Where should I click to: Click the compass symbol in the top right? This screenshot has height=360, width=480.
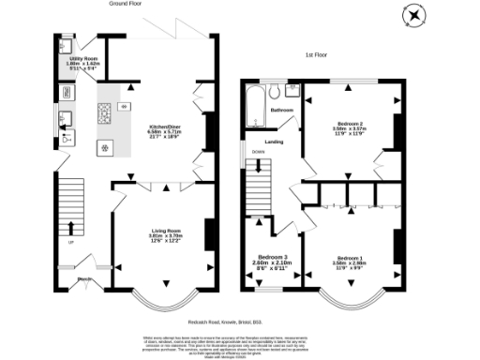pos(415,16)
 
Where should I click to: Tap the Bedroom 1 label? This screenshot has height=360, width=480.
pos(349,261)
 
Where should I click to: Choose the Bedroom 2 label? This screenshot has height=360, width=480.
pos(349,127)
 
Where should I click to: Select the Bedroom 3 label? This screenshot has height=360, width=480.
pos(273,261)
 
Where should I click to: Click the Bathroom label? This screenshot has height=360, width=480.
pos(282,111)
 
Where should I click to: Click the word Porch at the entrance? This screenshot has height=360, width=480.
pos(83,279)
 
